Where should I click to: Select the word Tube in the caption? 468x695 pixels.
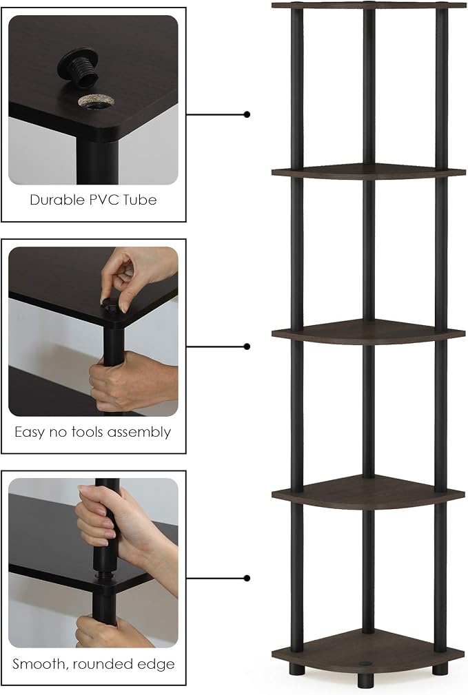point(139,200)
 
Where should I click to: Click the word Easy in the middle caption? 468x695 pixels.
point(30,432)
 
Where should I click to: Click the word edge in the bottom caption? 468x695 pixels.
point(155,665)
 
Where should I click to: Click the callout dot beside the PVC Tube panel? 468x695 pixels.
point(247,114)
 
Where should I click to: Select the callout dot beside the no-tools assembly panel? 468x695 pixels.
point(247,346)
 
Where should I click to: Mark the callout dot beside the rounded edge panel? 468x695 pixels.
point(247,578)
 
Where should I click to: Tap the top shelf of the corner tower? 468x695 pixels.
point(368,6)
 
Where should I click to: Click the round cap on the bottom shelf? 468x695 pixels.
point(365,664)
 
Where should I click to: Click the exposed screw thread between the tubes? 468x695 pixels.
point(106,575)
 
